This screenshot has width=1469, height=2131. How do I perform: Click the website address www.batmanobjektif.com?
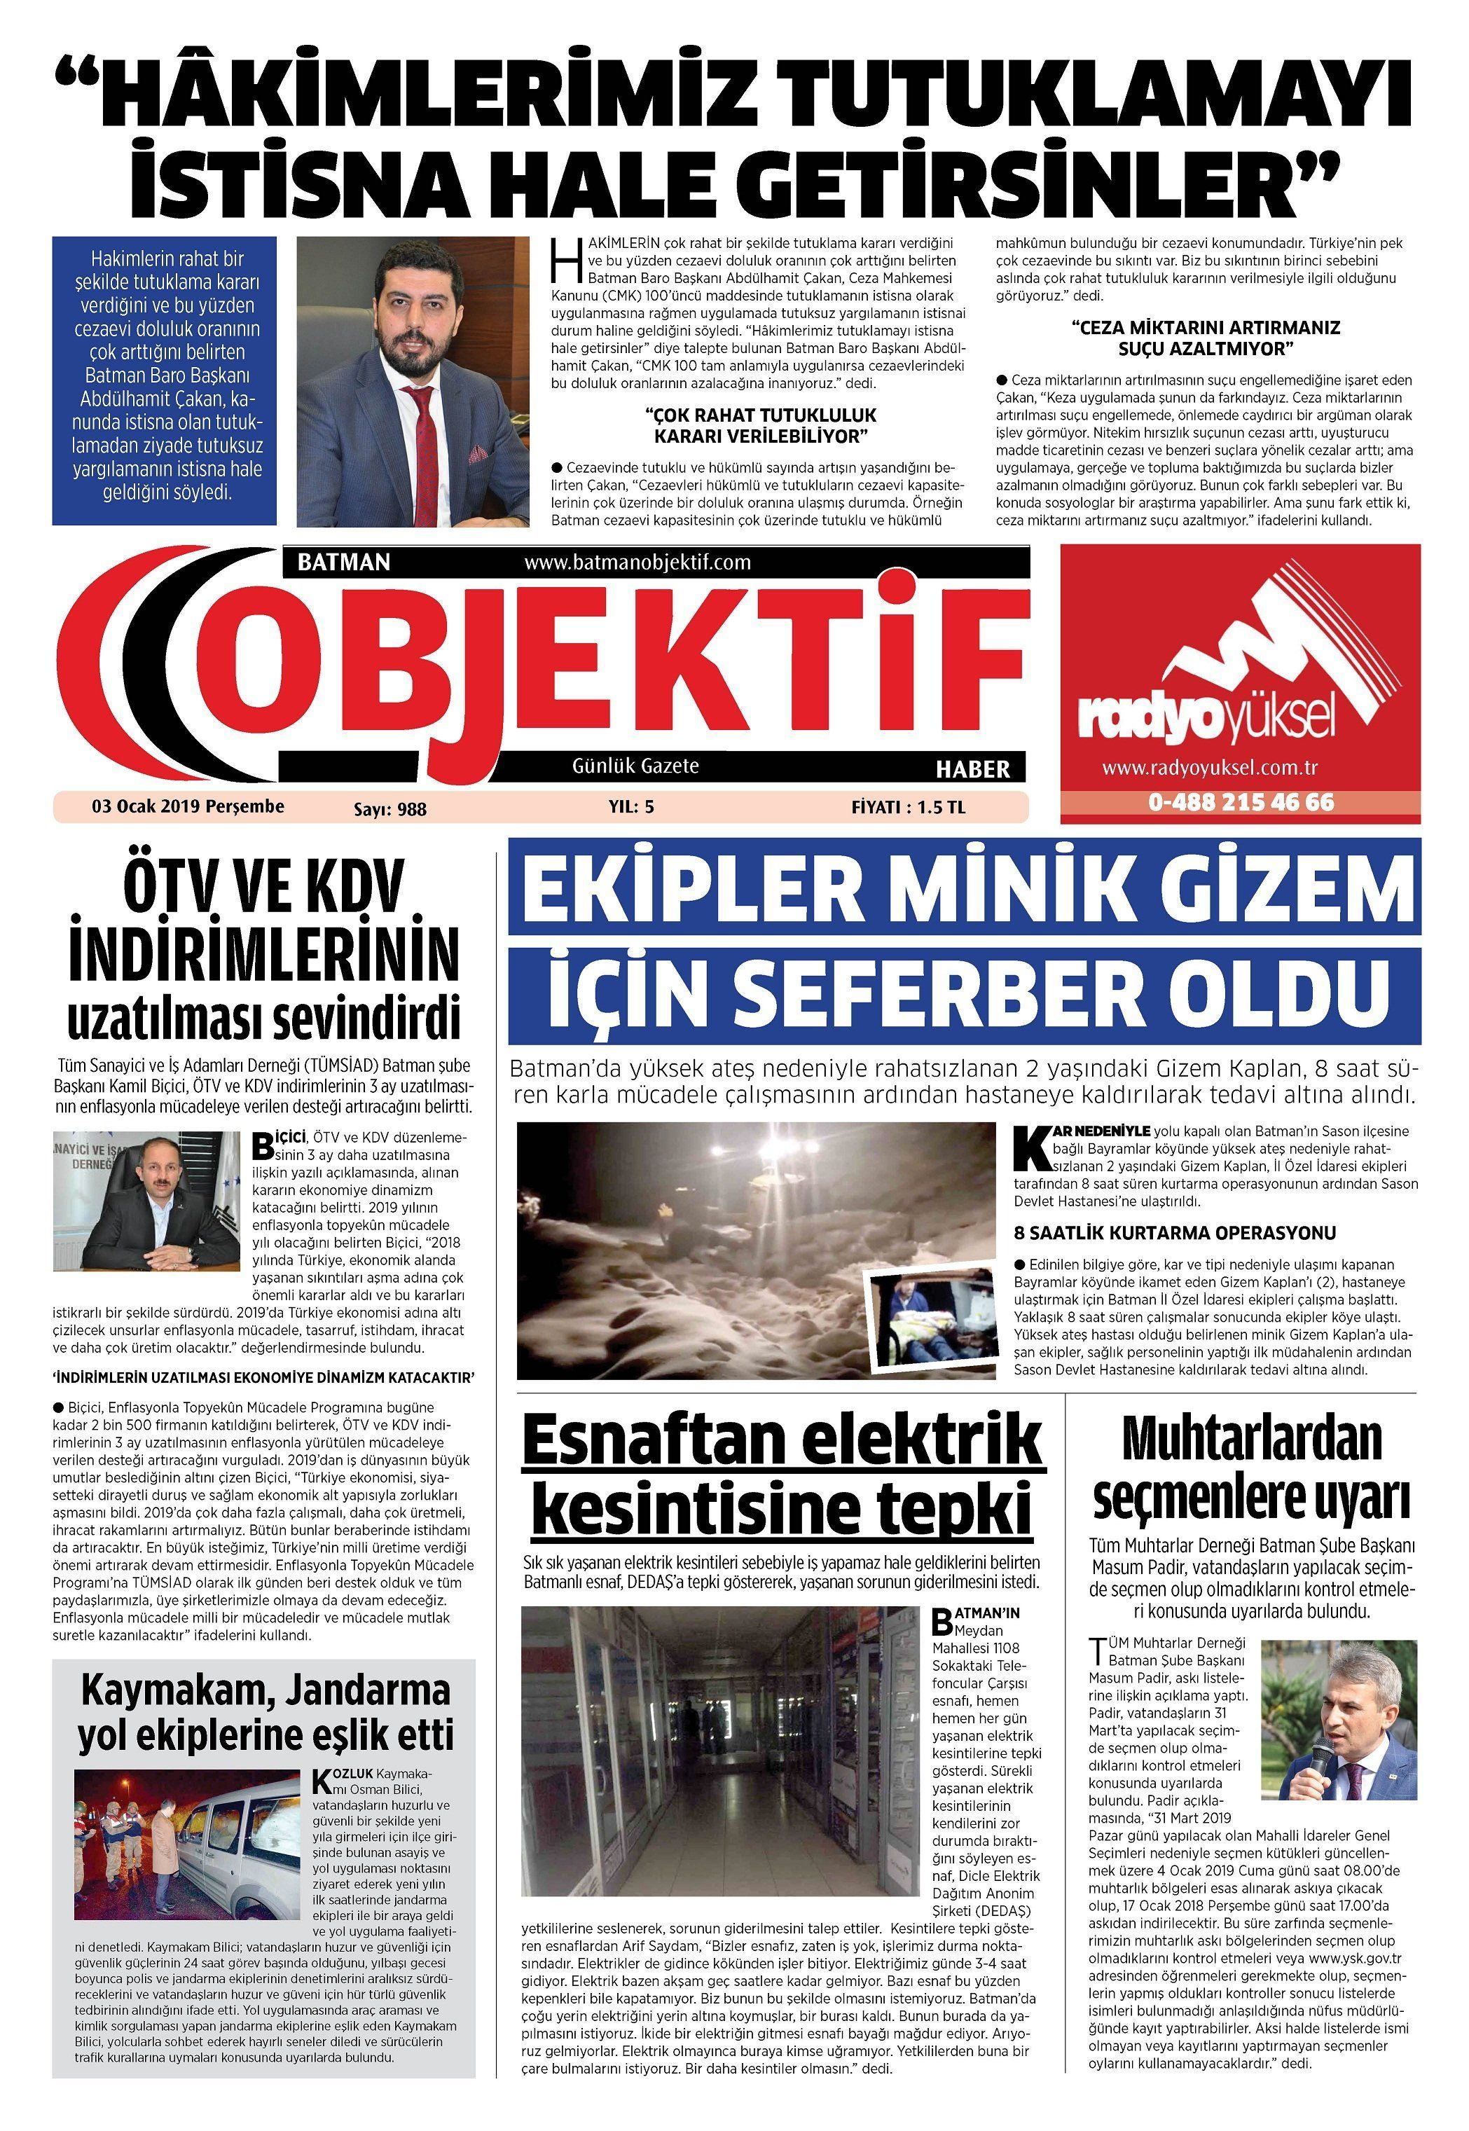click(637, 562)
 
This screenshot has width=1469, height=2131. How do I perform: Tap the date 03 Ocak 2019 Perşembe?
click(188, 806)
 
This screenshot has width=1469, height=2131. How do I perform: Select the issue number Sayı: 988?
click(390, 809)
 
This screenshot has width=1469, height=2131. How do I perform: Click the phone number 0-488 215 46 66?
click(1240, 802)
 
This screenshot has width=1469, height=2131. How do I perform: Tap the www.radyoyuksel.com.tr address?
click(1211, 768)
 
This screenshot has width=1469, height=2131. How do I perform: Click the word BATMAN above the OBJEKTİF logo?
click(344, 562)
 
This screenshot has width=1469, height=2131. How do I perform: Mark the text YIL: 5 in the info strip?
click(630, 807)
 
